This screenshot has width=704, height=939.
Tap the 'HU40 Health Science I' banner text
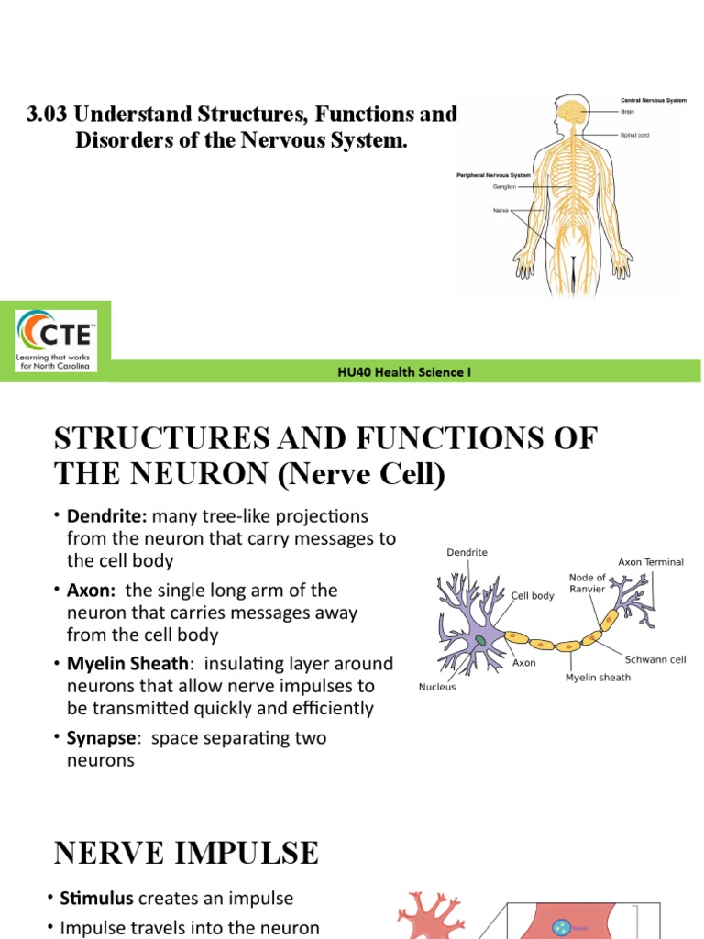point(405,372)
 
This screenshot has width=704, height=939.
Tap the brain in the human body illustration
point(573,113)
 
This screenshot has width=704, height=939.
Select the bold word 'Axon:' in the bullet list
point(93,591)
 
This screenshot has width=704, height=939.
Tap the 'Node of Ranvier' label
point(587,583)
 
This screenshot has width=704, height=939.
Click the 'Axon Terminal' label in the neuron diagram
point(651,562)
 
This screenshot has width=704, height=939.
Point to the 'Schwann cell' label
point(655,659)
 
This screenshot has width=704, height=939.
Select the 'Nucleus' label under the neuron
point(437,686)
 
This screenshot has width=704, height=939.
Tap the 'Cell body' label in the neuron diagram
point(533,596)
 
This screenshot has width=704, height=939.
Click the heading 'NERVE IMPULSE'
point(187,854)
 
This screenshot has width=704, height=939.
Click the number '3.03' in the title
point(48,116)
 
